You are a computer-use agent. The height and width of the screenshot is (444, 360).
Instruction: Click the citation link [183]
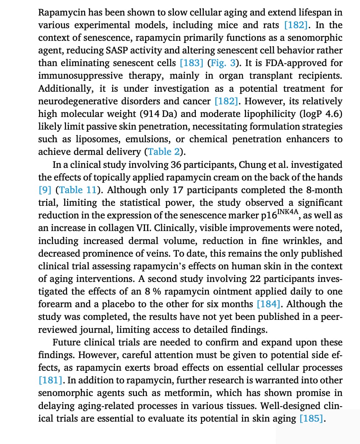coord(191,63)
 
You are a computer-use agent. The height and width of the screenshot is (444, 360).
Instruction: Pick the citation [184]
coord(269,304)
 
